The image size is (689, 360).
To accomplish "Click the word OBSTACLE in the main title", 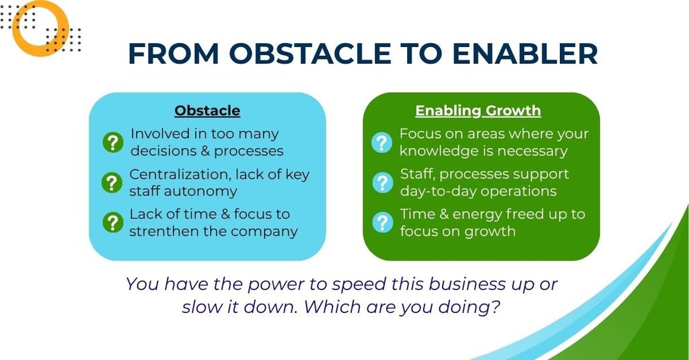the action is tap(310, 54).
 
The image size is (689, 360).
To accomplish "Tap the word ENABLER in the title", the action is tap(525, 54).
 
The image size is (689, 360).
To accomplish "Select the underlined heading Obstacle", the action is tap(207, 110).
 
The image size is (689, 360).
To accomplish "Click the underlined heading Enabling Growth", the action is tap(478, 111).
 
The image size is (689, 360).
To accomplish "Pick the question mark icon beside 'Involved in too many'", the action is tap(113, 143).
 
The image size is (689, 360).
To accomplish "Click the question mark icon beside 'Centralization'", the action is tap(112, 182).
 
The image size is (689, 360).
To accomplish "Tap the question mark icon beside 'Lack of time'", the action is tap(113, 223).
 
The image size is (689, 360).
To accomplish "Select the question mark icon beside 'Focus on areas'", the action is tap(382, 143).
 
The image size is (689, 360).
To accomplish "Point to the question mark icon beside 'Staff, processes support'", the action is tap(383, 182).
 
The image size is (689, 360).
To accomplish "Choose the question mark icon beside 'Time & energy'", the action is tap(383, 223).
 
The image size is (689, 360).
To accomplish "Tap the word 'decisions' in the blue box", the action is tap(163, 151).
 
